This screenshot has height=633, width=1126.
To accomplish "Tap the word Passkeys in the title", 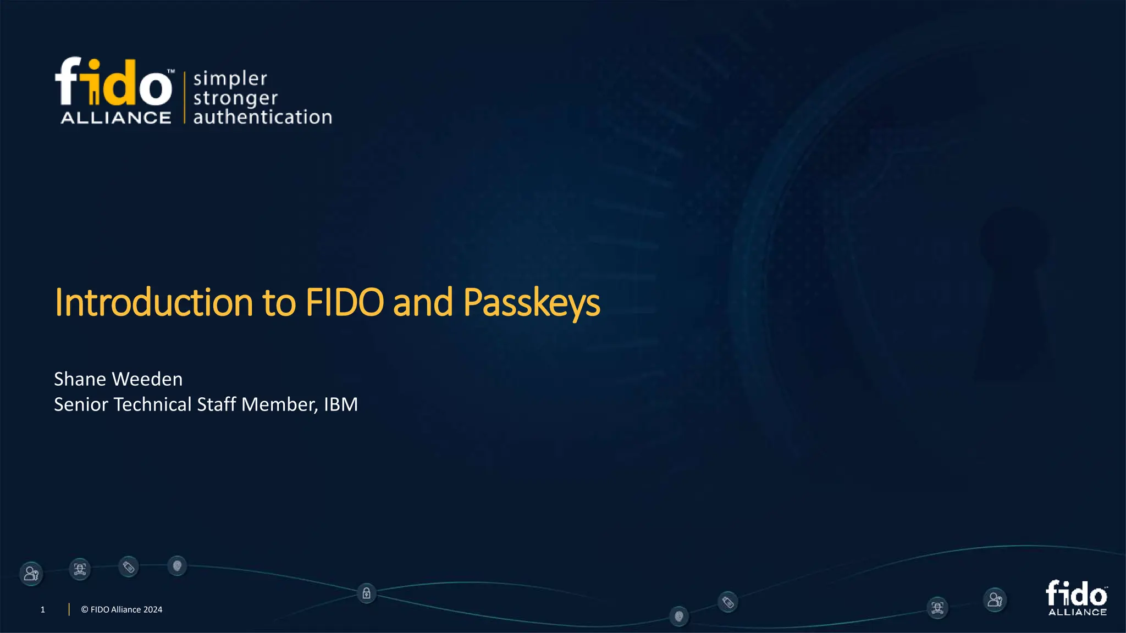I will click(x=531, y=303).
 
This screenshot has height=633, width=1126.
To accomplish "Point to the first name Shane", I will click(x=80, y=379).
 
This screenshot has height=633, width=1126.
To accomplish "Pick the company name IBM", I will click(x=341, y=404).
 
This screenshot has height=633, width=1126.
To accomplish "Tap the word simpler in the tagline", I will click(x=230, y=79).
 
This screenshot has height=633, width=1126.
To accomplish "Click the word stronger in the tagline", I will click(x=235, y=98).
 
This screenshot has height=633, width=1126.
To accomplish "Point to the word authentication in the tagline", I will click(x=262, y=117).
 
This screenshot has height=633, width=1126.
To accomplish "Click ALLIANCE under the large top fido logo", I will click(x=115, y=118).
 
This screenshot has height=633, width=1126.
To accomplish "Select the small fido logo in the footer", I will click(x=1077, y=598).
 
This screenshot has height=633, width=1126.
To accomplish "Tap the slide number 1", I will click(x=42, y=609).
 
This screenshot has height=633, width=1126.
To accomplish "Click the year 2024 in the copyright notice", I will click(x=153, y=609).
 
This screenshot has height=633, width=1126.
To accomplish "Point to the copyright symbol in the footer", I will click(x=85, y=609).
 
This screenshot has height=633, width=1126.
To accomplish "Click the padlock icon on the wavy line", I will click(x=366, y=593).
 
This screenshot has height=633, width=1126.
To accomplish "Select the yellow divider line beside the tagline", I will click(x=184, y=97).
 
